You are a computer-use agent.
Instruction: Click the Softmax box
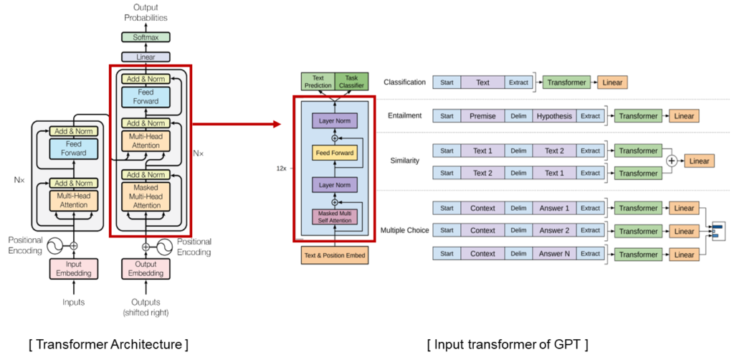146,37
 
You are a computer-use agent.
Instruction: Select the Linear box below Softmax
146,57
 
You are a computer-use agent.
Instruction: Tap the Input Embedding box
72,268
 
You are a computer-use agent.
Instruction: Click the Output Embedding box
146,268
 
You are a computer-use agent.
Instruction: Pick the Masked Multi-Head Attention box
147,195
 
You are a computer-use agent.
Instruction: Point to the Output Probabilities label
146,12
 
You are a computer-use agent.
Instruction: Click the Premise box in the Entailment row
482,116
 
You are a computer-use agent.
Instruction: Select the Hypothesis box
555,116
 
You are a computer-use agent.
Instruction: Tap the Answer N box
555,254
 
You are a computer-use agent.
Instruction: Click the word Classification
404,82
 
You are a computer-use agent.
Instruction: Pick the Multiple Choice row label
405,230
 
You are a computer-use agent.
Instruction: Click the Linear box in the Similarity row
699,161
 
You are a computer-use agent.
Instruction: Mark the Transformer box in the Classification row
567,82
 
